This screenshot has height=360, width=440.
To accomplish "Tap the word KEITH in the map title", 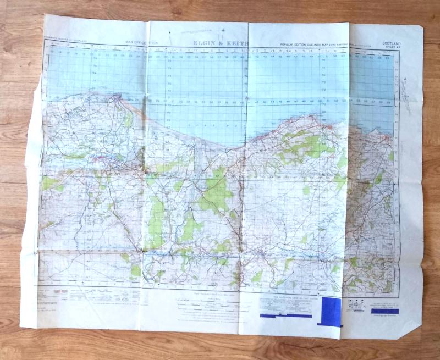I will pos(238,43).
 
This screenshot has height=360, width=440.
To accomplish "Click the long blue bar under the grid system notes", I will pos(286,315).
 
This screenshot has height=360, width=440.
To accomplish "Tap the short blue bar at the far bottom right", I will pos(385,311).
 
